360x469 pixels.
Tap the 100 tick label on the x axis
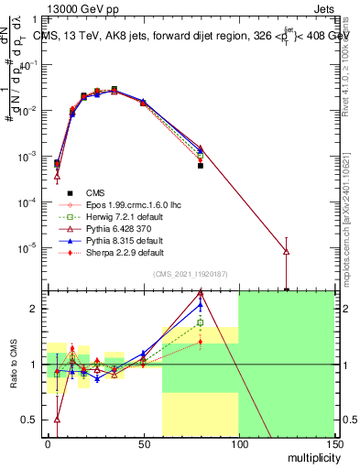[x=238, y=445]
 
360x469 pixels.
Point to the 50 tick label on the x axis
[x=143, y=445]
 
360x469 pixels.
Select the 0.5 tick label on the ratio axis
[x=30, y=420]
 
